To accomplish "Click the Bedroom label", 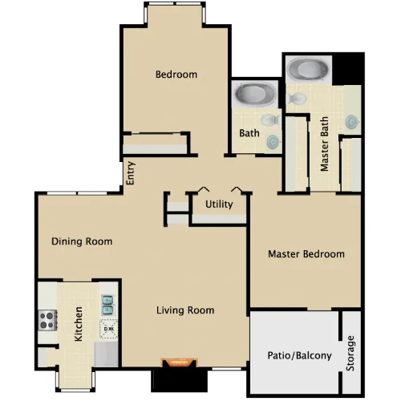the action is pos(176,75).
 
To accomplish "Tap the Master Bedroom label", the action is pos(306,254).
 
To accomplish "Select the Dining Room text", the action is pos(82,241).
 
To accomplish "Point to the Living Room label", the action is pos(185,310).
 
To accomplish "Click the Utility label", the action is pos(219,205).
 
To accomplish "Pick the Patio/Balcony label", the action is pos(300,355).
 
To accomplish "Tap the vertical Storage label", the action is pos(350,353).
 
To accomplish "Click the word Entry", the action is pos(131,173).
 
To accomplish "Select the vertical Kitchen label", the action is pos(78,324).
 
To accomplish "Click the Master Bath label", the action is pos(324,144).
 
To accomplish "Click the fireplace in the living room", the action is pos(179,363).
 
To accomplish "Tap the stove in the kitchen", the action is pos(47,320).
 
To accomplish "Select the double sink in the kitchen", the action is pos(107,306).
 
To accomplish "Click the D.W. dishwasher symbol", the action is pos(108,329).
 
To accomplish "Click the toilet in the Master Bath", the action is pos(296,99).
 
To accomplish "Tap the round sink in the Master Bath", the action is pos(351,122).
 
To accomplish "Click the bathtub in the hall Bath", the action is pos(256,94).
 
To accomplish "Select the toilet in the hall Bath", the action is pos(270,120).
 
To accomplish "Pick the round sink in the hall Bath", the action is pos(273,141).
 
